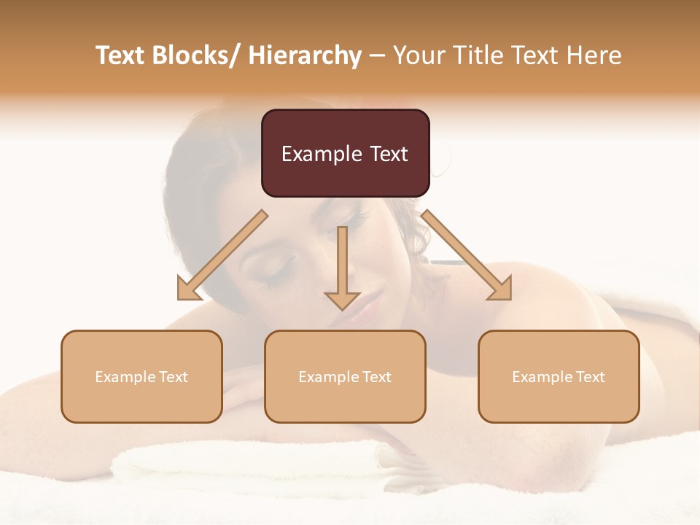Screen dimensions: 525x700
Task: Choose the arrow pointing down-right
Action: coord(467,256)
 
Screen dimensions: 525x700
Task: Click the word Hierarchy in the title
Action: coord(304,55)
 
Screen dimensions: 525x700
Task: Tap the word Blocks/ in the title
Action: coord(195,55)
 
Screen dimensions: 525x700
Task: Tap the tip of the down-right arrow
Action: coord(510,299)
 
